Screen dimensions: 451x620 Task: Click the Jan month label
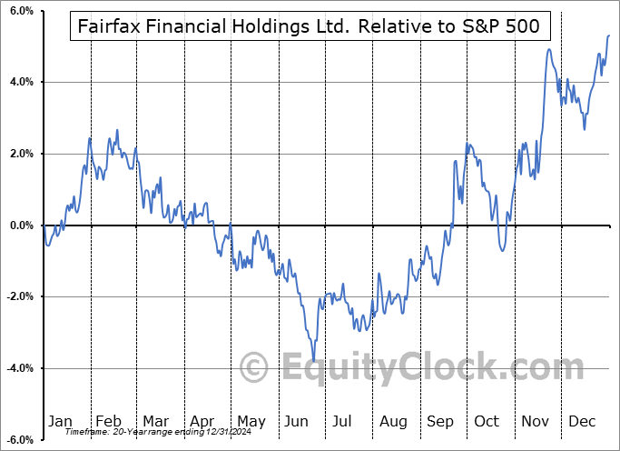(60, 421)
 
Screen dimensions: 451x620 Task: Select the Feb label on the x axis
(108, 421)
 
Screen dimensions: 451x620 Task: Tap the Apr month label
(202, 421)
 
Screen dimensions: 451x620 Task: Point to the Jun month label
(297, 421)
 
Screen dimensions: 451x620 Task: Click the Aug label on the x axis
(393, 421)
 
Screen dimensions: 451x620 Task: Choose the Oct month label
(487, 421)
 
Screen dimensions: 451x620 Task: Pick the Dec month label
(582, 421)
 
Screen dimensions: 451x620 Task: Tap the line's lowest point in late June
(314, 361)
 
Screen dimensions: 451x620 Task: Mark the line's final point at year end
(608, 35)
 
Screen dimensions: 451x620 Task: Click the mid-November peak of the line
(549, 49)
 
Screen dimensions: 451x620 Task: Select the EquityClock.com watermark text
(399, 368)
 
